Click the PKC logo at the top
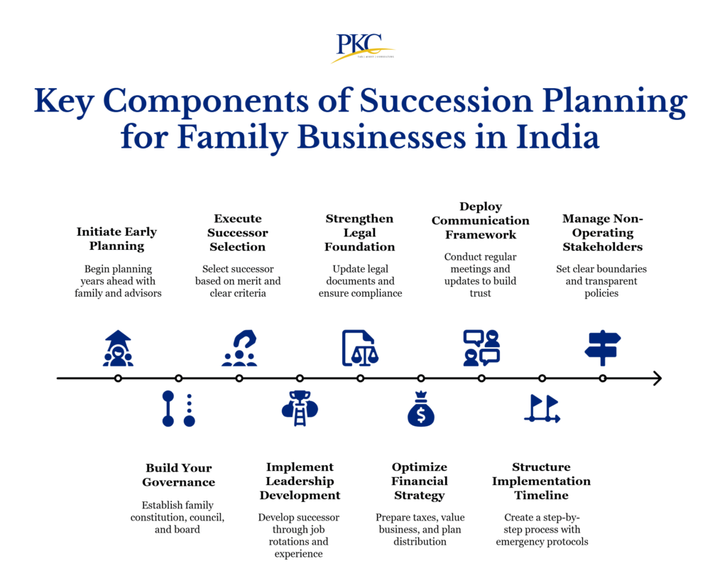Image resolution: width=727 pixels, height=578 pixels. point(363,48)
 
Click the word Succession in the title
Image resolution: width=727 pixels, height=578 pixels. point(446,101)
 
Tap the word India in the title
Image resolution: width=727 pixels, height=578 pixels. point(558,137)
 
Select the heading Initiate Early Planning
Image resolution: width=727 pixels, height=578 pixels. point(117,239)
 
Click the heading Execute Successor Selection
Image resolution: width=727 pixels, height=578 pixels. point(238,232)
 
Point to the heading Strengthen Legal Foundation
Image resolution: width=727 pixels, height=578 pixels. point(360,232)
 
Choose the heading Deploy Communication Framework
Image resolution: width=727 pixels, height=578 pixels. point(481,220)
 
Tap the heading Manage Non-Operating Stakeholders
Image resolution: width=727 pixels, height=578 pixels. point(602,232)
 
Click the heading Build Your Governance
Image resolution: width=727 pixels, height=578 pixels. point(178,474)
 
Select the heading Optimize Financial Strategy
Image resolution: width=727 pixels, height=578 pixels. point(420,481)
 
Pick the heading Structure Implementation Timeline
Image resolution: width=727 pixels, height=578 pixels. point(542,481)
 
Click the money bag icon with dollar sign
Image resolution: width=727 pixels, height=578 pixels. point(421,409)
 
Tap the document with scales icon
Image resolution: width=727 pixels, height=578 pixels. point(360,348)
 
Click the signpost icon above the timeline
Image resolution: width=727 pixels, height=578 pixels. point(602,348)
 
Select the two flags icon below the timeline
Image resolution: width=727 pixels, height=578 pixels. point(542,409)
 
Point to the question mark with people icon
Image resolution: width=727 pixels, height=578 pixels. point(239,348)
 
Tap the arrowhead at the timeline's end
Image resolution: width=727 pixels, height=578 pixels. point(657,378)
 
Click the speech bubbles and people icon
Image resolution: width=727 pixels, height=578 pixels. point(481,348)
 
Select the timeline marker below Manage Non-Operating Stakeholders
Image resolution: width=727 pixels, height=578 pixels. point(602,378)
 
